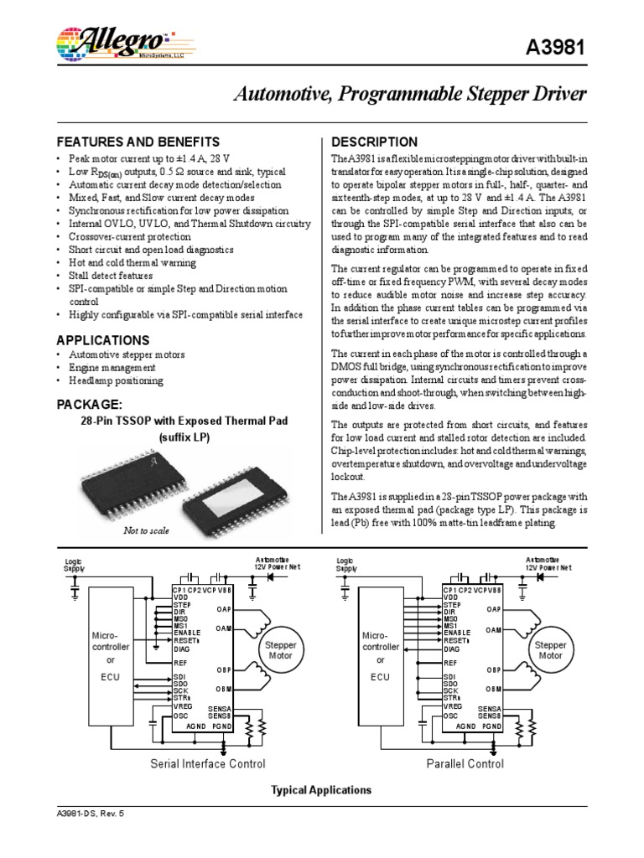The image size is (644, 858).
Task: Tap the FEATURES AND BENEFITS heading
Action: pos(138,142)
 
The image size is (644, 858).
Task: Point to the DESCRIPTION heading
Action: pos(374,142)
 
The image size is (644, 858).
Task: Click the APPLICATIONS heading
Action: pos(102,340)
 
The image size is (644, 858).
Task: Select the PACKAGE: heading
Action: pos(88,405)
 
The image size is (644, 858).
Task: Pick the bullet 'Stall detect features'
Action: pos(111,275)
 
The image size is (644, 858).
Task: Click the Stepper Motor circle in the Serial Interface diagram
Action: pos(283,651)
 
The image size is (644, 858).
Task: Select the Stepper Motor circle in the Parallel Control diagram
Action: pos(550,651)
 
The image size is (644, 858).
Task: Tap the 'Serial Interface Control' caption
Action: pos(207,763)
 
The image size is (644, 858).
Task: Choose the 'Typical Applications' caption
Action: pos(321,790)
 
